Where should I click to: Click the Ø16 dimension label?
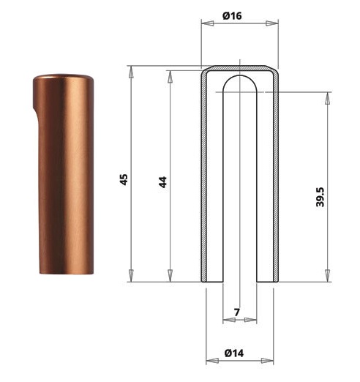pyautogui.click(x=232, y=16)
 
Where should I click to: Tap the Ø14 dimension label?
pyautogui.click(x=234, y=353)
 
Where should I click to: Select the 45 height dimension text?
pyautogui.click(x=124, y=179)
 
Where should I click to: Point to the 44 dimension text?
pyautogui.click(x=162, y=182)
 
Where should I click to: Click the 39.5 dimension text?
pyautogui.click(x=320, y=197)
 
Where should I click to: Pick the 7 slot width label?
pyautogui.click(x=237, y=312)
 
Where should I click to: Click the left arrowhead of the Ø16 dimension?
pyautogui.click(x=207, y=23)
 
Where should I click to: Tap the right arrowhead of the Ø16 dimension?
pyautogui.click(x=272, y=23)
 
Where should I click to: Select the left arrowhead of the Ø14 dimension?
pyautogui.click(x=212, y=361)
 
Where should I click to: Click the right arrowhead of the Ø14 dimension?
pyautogui.click(x=267, y=361)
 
